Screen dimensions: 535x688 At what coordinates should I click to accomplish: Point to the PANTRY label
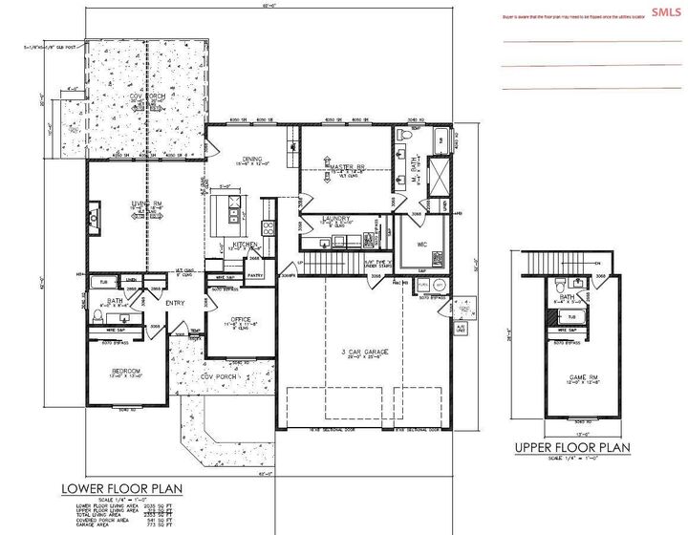coord(256,275)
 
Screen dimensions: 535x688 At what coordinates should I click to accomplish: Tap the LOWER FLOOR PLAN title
coord(121,488)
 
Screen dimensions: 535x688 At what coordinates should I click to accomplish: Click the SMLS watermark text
coord(662,11)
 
